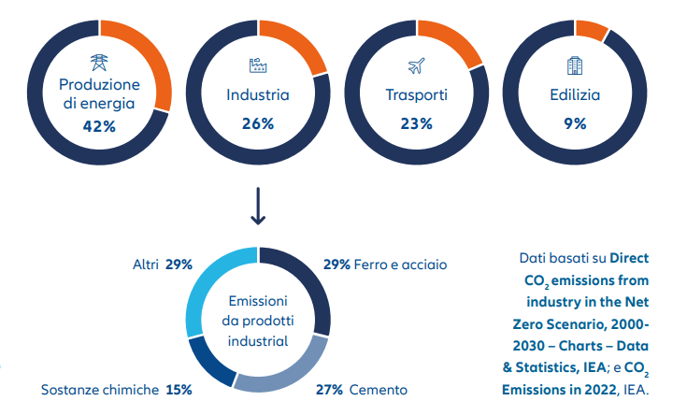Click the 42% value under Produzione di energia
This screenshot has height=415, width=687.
(x=98, y=126)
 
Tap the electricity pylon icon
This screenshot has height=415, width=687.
(x=98, y=64)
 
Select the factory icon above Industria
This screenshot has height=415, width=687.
(x=258, y=64)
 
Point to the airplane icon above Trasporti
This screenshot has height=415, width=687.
(x=417, y=65)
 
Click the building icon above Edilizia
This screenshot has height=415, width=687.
(x=575, y=64)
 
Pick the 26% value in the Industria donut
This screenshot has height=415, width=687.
(x=258, y=123)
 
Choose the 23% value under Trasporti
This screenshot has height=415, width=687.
(x=417, y=123)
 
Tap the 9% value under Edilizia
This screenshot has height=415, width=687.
(x=575, y=123)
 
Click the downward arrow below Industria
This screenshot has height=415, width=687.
(x=259, y=207)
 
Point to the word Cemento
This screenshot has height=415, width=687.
(x=378, y=389)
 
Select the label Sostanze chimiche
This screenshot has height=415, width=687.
(x=99, y=389)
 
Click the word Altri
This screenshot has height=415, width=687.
(x=145, y=265)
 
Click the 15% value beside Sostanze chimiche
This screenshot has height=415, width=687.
(x=179, y=389)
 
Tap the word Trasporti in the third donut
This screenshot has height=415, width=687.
(x=417, y=94)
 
